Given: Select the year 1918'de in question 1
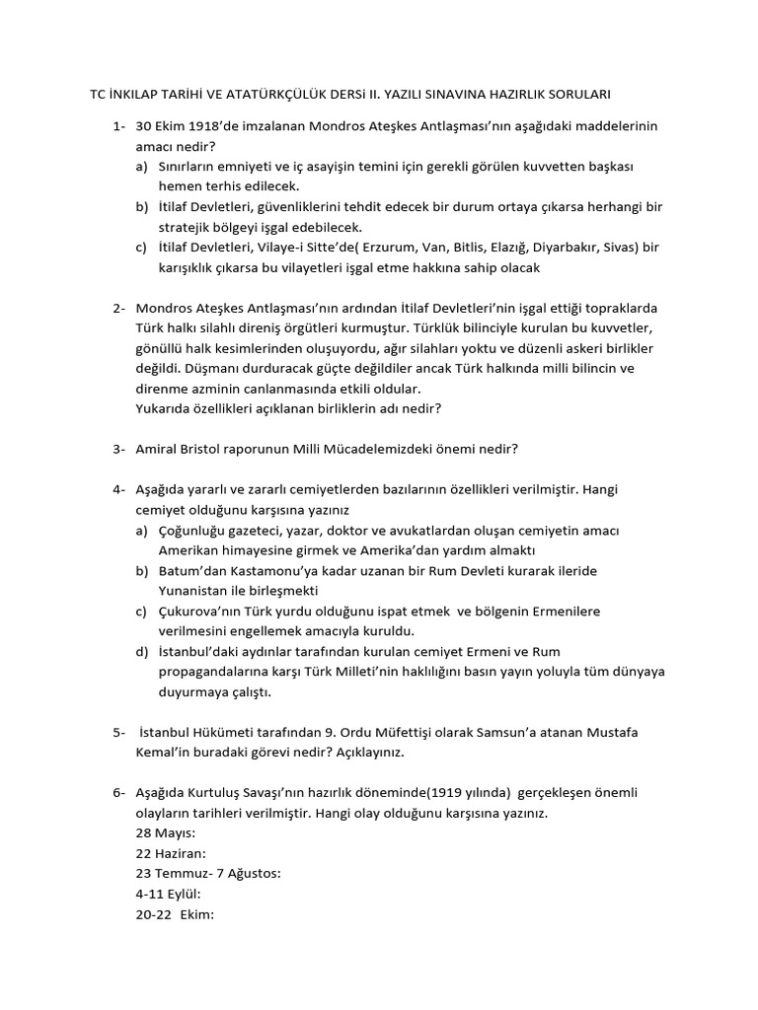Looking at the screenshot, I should [216, 126].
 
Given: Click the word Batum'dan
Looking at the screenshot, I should [194, 571].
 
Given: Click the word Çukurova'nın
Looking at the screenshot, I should [202, 612].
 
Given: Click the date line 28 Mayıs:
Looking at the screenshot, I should [166, 833].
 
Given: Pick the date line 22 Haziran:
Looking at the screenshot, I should [171, 854].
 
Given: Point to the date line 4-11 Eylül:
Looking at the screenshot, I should [169, 894].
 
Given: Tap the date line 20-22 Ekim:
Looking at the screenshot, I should [176, 914].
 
